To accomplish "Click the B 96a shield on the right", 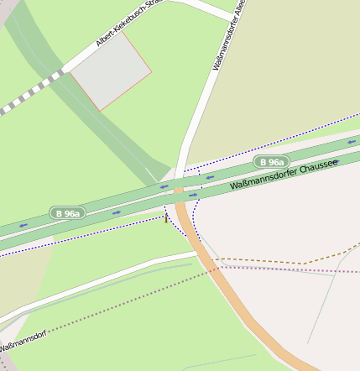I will pos(271,162).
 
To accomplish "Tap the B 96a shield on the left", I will pos(66,213).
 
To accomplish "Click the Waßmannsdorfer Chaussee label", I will pos(283,173).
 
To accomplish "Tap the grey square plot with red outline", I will pos(110,71).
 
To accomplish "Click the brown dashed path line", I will pos(277,261).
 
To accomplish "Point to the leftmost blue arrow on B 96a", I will pos(23,225).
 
